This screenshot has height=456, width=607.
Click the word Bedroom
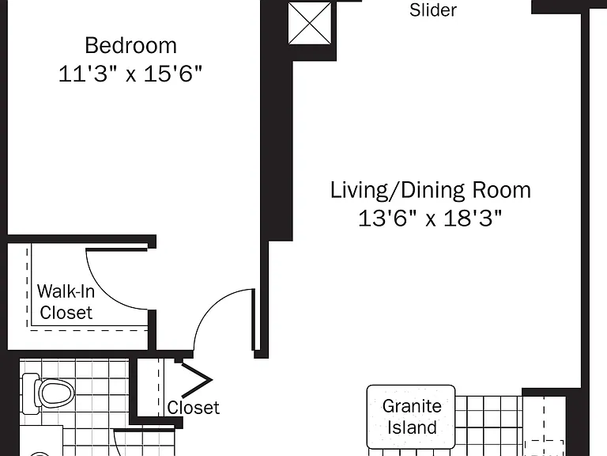click(131, 45)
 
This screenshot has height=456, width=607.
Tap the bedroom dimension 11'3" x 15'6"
click(130, 73)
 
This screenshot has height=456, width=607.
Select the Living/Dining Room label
click(431, 190)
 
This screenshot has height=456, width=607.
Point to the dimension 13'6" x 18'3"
click(430, 218)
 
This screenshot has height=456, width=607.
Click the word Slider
click(433, 9)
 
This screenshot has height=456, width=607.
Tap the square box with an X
click(310, 23)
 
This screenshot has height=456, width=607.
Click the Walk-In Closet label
click(66, 302)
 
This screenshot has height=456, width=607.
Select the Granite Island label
click(412, 417)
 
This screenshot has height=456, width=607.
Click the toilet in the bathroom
click(48, 393)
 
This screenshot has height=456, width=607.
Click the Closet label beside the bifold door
click(193, 408)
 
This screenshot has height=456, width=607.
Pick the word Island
click(412, 427)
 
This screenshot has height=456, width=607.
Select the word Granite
click(412, 406)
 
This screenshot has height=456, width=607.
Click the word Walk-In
click(66, 291)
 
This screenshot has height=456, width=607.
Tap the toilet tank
click(29, 393)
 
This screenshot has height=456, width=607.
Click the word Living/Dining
click(398, 190)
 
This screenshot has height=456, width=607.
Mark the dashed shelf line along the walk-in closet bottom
click(89, 330)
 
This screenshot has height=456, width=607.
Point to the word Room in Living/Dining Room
click(502, 190)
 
